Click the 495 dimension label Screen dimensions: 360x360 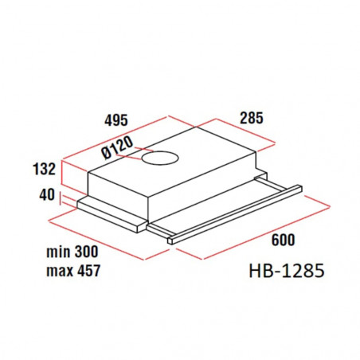116,120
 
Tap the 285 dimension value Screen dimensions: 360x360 252,118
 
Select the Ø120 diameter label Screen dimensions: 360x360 117,147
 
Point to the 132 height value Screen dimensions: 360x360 44,169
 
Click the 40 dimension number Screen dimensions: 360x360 47,194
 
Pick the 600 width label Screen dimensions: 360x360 283,240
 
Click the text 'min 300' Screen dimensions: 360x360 72,252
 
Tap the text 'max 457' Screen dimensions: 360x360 73,271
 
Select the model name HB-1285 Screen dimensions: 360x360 287,271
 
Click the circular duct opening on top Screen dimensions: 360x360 160,158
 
